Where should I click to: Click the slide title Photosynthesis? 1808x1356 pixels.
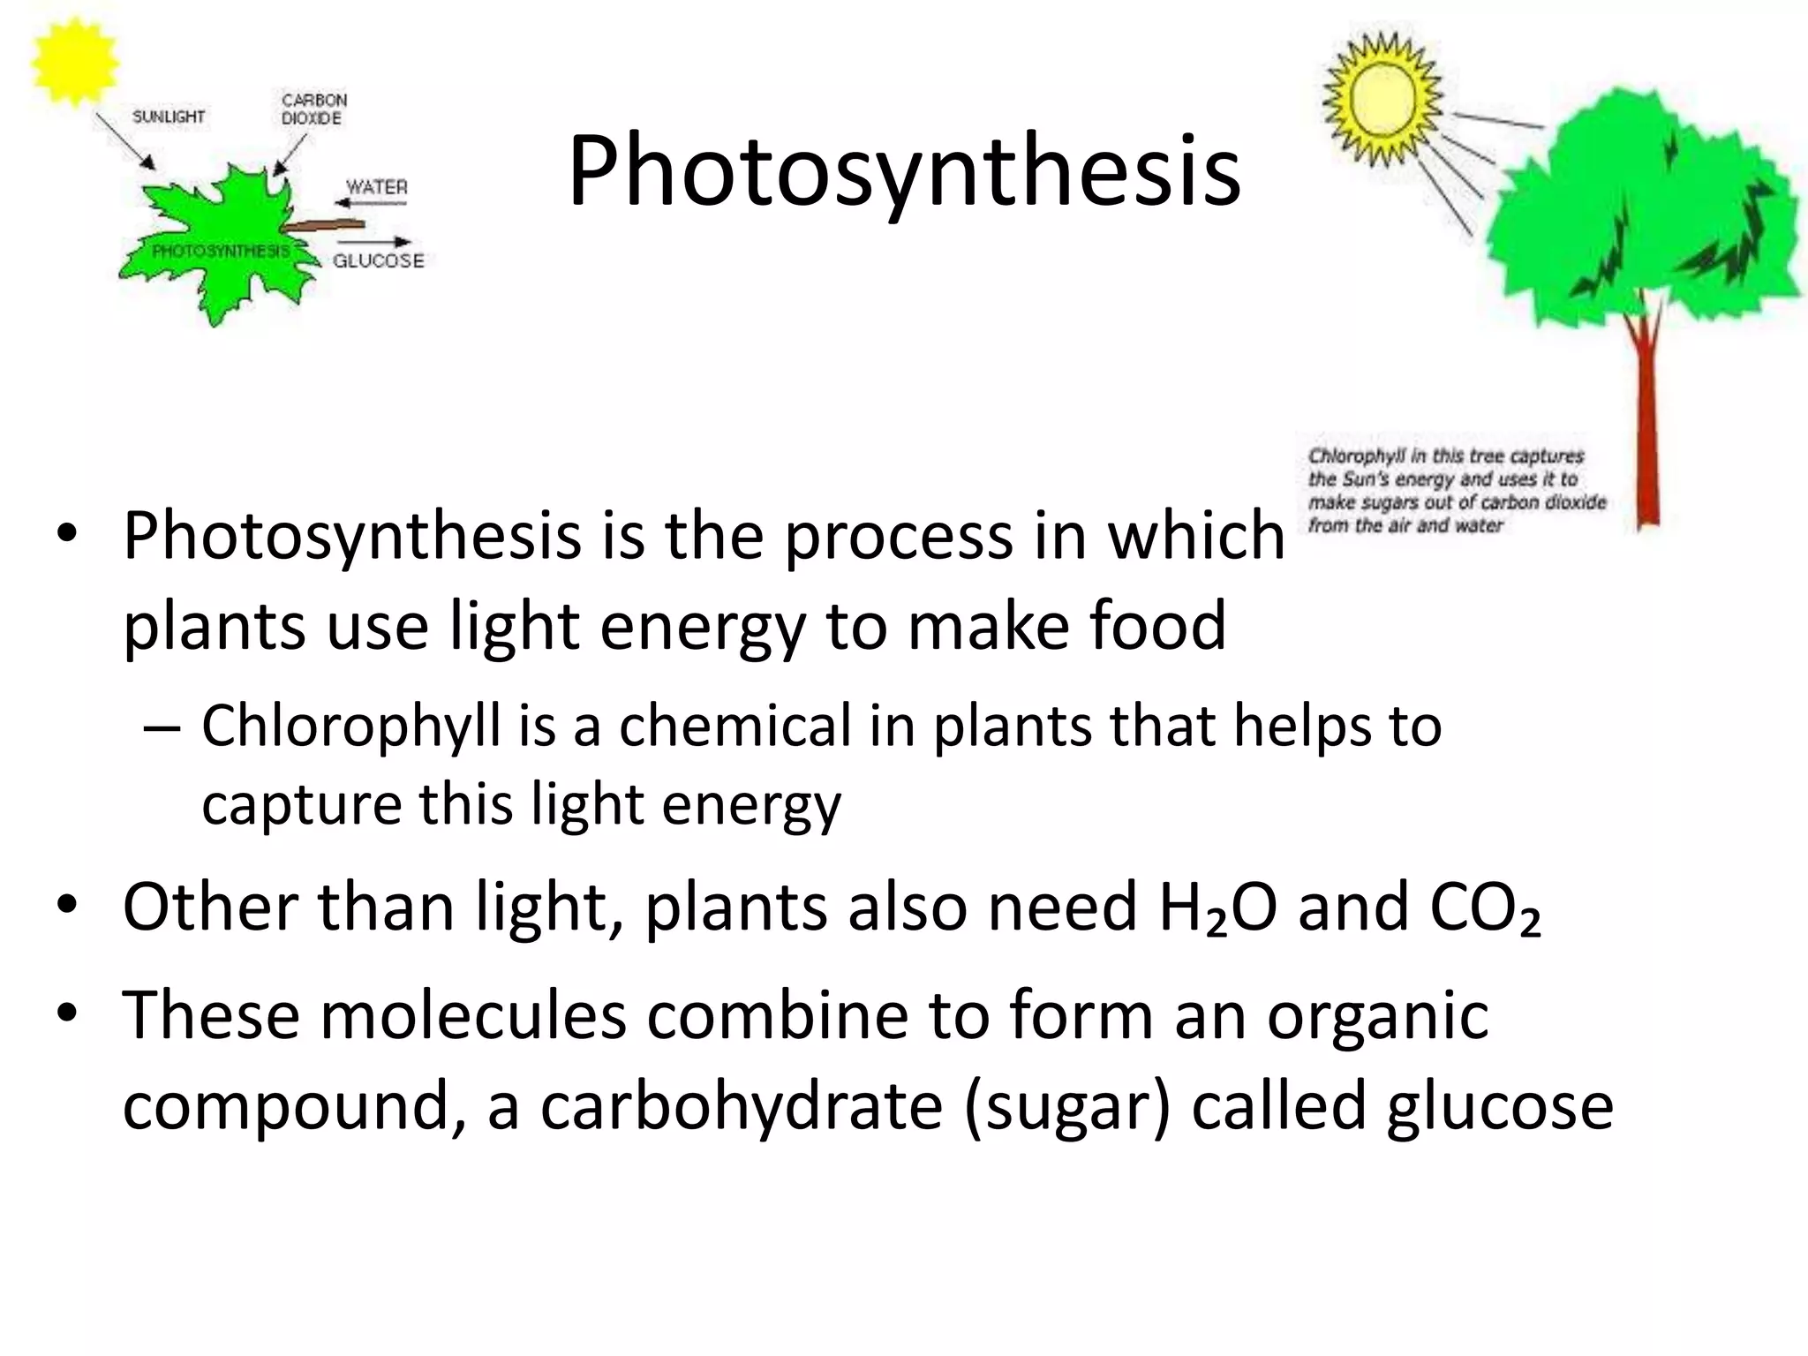904,172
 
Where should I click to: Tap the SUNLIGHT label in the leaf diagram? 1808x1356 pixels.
168,117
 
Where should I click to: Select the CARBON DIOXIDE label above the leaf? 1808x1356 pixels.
313,109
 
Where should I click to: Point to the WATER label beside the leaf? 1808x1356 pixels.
377,187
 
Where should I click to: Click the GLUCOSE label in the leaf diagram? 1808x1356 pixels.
378,260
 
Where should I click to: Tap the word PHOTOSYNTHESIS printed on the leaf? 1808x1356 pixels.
221,252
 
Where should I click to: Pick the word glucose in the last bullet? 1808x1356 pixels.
1500,1105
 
